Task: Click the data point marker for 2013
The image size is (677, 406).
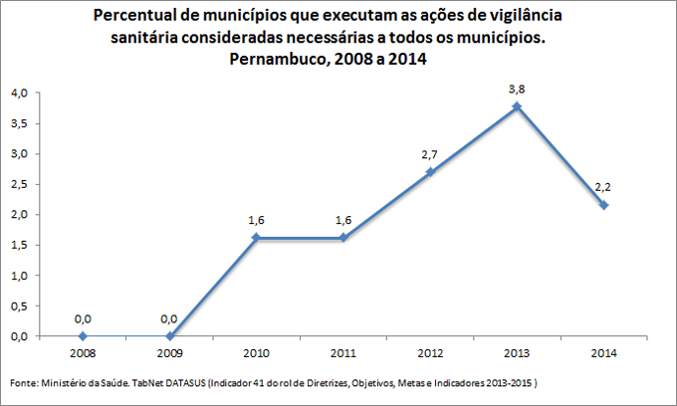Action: pyautogui.click(x=517, y=106)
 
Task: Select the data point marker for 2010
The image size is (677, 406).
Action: pyautogui.click(x=256, y=238)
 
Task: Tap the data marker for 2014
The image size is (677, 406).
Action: pyautogui.click(x=604, y=204)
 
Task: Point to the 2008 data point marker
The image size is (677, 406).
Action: pyautogui.click(x=83, y=336)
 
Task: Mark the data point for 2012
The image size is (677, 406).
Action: pyautogui.click(x=430, y=171)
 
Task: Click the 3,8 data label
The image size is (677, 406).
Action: pyautogui.click(x=517, y=89)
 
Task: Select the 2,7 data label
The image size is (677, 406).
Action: pyautogui.click(x=430, y=154)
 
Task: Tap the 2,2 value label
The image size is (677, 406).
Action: pyautogui.click(x=604, y=187)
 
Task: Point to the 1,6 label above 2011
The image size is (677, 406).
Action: pyautogui.click(x=343, y=221)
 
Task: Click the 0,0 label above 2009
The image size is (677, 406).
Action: pyautogui.click(x=169, y=318)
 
